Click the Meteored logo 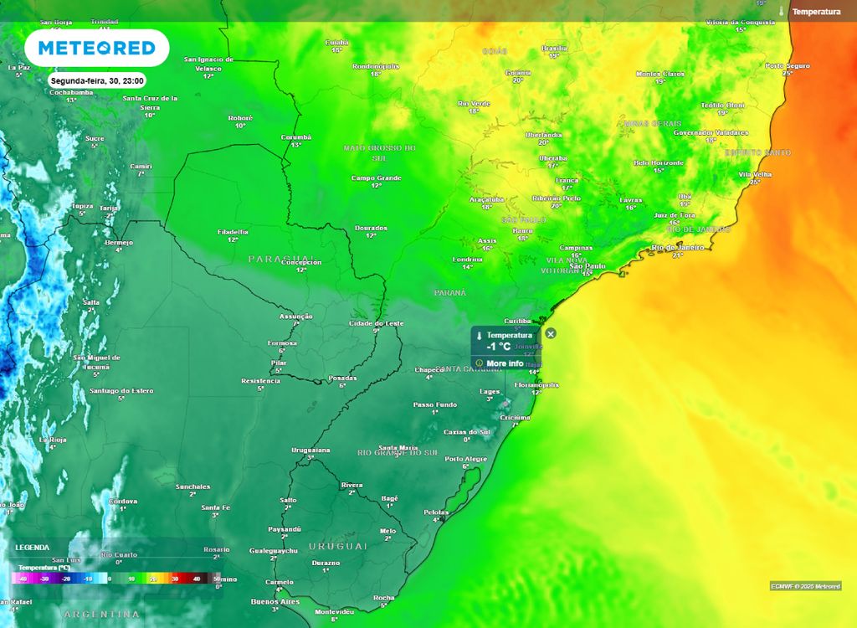pyautogui.click(x=97, y=48)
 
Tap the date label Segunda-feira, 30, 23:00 pyautogui.click(x=97, y=81)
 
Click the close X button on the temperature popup pyautogui.click(x=550, y=333)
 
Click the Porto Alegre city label pyautogui.click(x=466, y=459)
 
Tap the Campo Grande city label pyautogui.click(x=376, y=178)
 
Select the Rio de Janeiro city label pyautogui.click(x=677, y=247)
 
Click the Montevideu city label pyautogui.click(x=333, y=612)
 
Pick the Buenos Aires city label pyautogui.click(x=275, y=601)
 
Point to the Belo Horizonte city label pyautogui.click(x=659, y=162)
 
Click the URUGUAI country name pyautogui.click(x=337, y=546)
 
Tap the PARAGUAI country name pyautogui.click(x=281, y=259)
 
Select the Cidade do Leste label pyautogui.click(x=376, y=323)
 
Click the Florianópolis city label pyautogui.click(x=536, y=384)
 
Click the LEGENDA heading pyautogui.click(x=32, y=547)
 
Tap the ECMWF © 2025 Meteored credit pyautogui.click(x=805, y=585)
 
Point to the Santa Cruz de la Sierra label pyautogui.click(x=150, y=102)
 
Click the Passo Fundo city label pyautogui.click(x=435, y=404)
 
